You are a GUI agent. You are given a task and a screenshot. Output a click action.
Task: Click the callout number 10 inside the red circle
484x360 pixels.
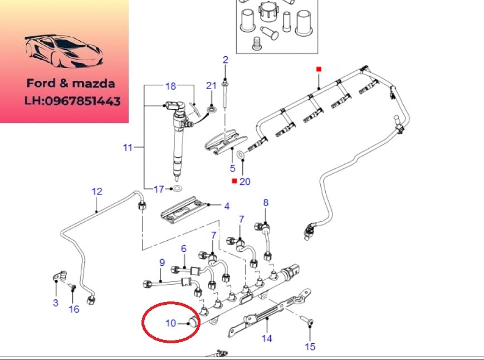170,323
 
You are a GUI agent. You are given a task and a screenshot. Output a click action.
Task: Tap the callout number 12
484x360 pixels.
97,191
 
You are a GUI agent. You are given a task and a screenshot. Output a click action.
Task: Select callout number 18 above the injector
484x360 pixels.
170,86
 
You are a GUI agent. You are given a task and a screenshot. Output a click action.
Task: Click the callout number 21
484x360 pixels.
211,85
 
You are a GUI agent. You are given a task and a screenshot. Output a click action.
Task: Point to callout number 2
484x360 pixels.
226,60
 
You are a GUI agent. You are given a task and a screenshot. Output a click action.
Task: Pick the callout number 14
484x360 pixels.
267,338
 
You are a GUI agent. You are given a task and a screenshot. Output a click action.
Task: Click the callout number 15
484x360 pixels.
310,347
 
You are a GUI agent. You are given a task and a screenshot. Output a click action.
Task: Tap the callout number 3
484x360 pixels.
56,303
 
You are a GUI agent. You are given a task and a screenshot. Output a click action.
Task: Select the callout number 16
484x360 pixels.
74,309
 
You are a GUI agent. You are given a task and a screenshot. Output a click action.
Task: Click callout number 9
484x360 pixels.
162,262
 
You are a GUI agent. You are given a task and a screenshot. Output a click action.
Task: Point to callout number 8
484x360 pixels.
266,202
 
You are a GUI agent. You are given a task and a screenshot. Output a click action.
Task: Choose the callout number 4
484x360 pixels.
227,206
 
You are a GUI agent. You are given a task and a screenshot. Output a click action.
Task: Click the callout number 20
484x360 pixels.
245,181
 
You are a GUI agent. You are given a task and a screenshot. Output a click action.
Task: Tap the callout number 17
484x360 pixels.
159,189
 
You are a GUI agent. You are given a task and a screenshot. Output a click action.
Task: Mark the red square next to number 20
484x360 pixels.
234,181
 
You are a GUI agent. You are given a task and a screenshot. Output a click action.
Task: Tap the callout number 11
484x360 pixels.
128,148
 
